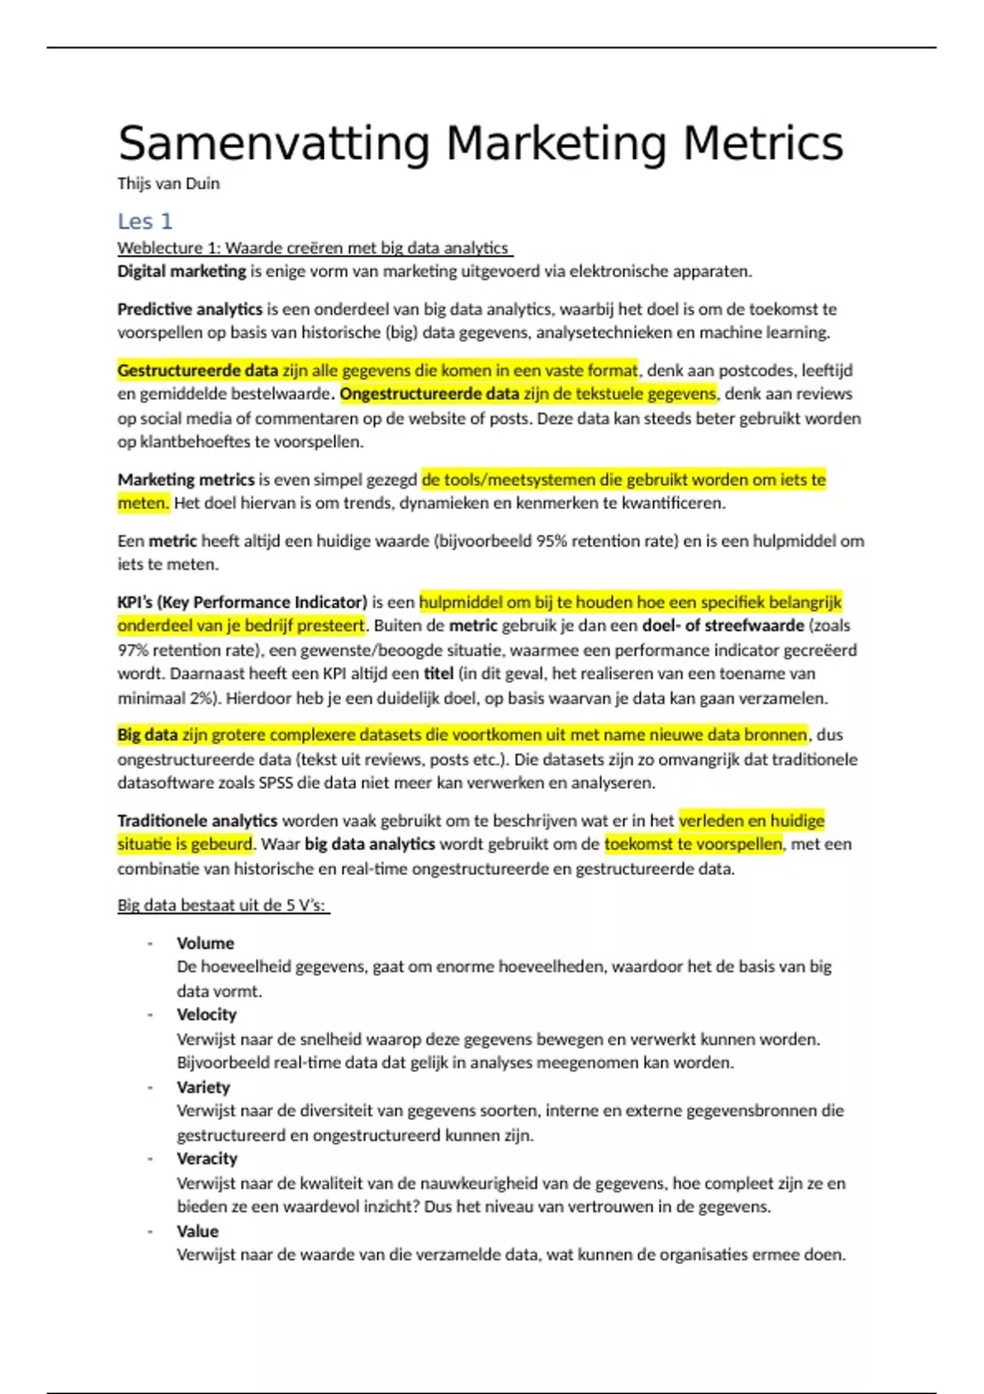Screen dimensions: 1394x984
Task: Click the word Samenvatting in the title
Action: [x=274, y=144]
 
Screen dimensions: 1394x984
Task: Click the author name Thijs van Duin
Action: [x=168, y=184]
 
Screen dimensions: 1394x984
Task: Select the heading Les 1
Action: [x=145, y=221]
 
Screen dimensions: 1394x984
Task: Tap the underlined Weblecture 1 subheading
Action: [x=314, y=248]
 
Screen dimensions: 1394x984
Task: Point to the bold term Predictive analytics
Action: [x=189, y=309]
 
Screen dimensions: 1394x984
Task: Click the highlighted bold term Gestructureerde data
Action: [x=198, y=371]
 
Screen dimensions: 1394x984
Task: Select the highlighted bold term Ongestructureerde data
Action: [x=430, y=394]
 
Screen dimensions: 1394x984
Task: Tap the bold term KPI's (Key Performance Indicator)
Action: [x=242, y=603]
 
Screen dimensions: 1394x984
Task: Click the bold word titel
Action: [x=439, y=674]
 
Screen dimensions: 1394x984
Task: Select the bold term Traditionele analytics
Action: [x=197, y=821]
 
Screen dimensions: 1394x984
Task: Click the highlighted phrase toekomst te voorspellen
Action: [x=694, y=845]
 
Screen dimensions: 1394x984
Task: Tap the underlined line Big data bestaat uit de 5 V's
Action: [x=222, y=906]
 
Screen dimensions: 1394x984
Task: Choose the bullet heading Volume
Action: [x=205, y=944]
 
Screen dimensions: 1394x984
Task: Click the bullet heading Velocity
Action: [x=207, y=1015]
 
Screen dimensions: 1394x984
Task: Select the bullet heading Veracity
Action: [x=207, y=1159]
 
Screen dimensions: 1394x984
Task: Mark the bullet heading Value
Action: [x=198, y=1232]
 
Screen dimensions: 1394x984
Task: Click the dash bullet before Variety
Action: [x=150, y=1087]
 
